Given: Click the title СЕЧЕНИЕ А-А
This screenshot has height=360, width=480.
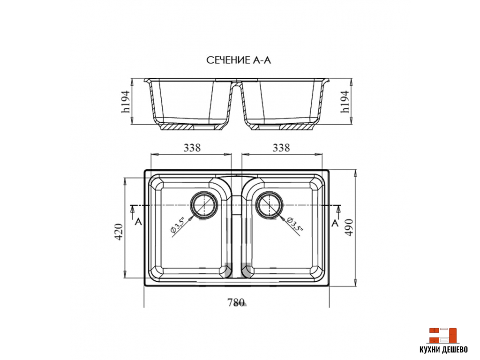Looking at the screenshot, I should (239, 60).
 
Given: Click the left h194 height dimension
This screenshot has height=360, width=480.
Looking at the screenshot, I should (125, 102).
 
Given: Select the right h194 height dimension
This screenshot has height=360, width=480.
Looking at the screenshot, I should (345, 102).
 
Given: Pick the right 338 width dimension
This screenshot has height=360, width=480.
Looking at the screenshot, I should (281, 148).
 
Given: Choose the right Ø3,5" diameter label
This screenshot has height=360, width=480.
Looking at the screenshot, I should (296, 225).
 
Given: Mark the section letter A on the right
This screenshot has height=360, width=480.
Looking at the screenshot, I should (335, 223).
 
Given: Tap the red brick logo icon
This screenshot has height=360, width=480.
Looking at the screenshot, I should (442, 335).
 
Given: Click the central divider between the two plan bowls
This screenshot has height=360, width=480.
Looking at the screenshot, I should (237, 225).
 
